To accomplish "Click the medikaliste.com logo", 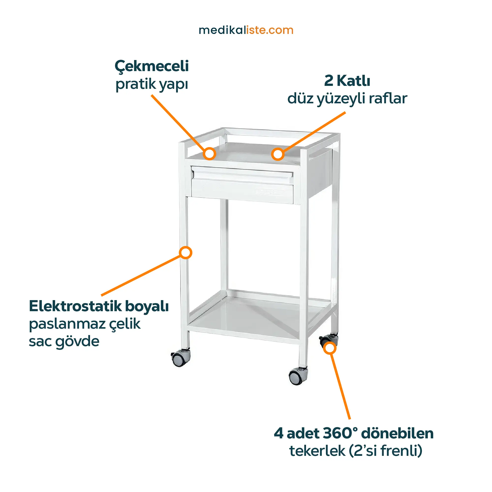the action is click(x=246, y=30).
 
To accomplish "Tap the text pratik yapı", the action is click(x=152, y=85).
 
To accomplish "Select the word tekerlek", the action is click(x=317, y=451).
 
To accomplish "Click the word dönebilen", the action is click(x=398, y=433).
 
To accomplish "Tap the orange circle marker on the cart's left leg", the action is click(x=185, y=253).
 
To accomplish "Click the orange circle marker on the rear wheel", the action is click(x=330, y=348).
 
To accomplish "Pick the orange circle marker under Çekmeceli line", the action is click(x=210, y=154).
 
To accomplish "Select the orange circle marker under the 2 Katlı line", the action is click(x=277, y=154).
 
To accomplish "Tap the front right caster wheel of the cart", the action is click(x=298, y=376).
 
